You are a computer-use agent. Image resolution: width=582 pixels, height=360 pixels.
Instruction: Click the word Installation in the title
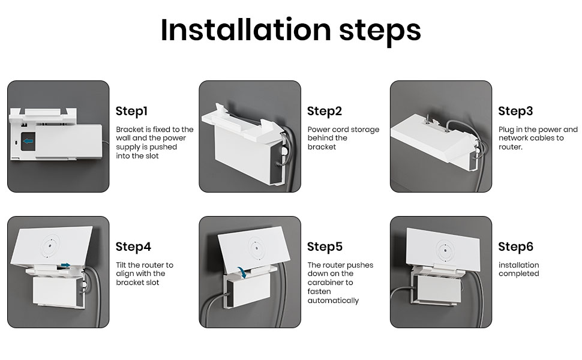click(246, 29)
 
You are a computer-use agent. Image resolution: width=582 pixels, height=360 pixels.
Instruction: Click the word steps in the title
click(380, 32)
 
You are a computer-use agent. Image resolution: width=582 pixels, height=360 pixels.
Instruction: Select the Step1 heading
click(131, 112)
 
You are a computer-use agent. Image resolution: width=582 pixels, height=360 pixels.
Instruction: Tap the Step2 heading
click(325, 112)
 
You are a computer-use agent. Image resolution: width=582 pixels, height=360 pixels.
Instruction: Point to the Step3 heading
click(515, 112)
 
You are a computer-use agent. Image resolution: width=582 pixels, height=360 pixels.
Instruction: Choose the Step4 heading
click(133, 247)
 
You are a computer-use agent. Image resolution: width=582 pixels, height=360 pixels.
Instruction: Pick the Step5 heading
click(325, 247)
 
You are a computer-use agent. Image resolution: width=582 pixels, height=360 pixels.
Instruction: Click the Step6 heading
click(516, 247)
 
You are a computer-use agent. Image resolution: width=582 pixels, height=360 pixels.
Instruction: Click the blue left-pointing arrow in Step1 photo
click(28, 141)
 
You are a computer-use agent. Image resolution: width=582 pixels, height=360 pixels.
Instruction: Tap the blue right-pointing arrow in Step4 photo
click(65, 265)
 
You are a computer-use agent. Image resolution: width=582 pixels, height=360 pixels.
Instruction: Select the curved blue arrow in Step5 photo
click(242, 272)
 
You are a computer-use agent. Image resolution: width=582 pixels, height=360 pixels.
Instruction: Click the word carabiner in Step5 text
click(331, 283)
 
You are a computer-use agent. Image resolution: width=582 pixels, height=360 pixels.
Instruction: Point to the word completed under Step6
click(519, 274)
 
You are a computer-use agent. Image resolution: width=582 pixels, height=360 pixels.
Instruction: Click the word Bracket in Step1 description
click(130, 130)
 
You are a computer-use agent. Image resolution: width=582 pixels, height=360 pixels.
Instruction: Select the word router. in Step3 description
click(511, 147)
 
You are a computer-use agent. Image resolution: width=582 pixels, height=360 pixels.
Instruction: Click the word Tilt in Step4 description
click(121, 265)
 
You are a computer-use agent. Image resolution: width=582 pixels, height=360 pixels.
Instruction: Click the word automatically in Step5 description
click(334, 301)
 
